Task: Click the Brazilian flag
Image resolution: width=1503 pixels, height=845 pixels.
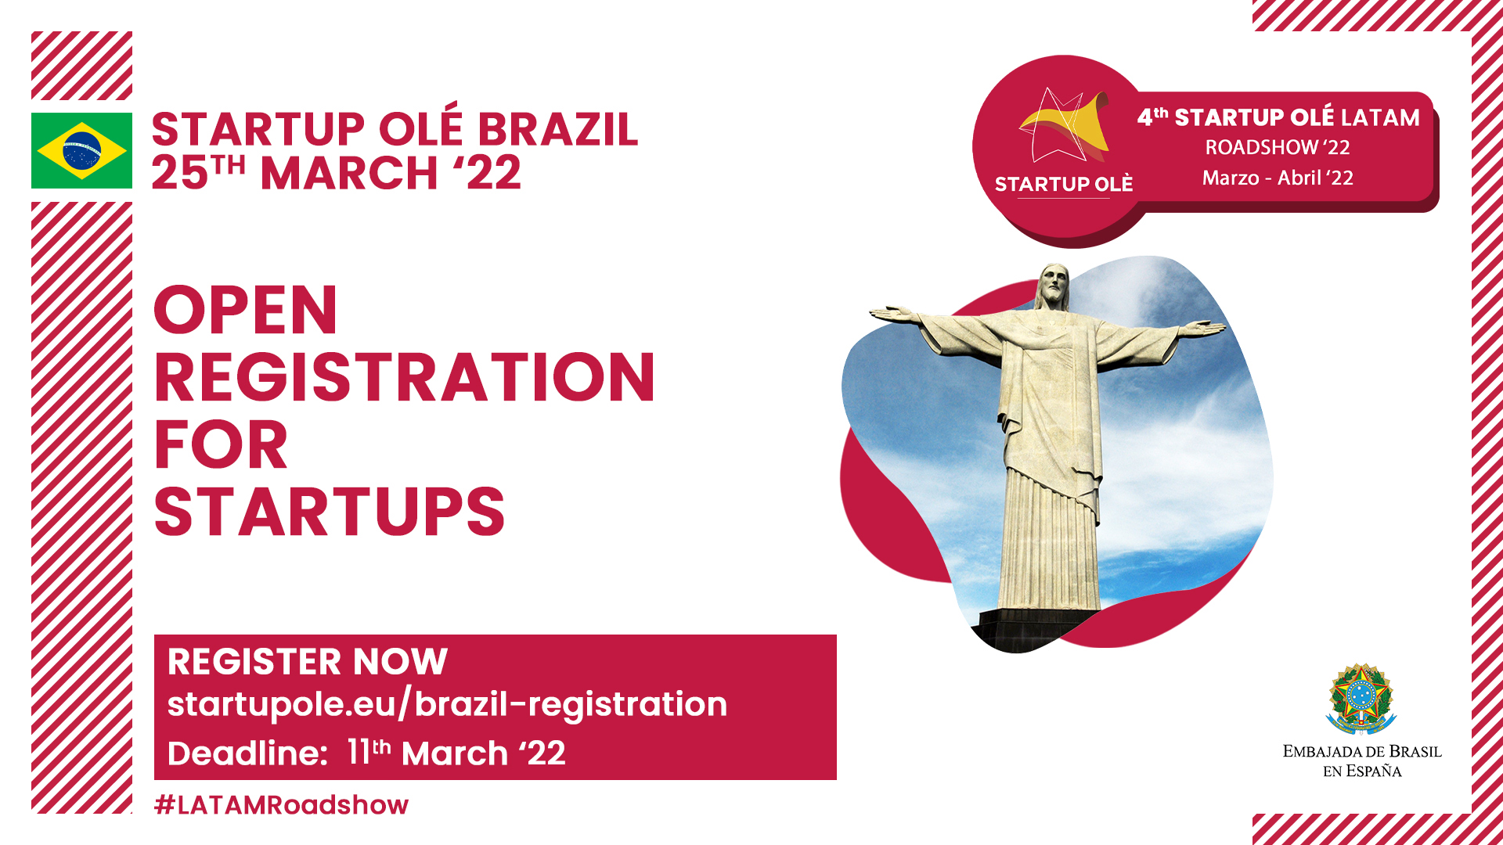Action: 81,150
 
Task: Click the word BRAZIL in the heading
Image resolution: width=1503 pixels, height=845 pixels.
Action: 558,129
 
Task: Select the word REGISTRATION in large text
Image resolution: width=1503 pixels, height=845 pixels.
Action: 404,377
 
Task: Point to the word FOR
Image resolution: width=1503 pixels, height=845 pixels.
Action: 221,444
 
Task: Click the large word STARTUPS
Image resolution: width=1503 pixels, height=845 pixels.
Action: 330,512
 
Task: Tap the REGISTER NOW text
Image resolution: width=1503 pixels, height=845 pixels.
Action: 308,661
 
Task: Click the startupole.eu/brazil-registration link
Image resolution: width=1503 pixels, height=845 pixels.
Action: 447,704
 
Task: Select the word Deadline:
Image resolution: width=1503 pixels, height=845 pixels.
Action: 247,753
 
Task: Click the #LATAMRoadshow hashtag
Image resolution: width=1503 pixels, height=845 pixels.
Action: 281,804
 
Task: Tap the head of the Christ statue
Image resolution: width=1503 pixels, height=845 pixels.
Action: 1054,287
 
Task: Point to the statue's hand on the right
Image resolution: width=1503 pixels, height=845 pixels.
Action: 1207,327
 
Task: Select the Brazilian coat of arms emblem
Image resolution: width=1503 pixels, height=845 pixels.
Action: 1361,699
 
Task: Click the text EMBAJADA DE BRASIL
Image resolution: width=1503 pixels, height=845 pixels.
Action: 1362,751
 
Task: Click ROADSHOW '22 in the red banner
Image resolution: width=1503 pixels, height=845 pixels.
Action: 1278,147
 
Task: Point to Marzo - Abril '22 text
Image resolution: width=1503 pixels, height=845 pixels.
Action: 1278,178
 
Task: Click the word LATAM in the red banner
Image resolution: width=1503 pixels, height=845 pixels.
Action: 1380,117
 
